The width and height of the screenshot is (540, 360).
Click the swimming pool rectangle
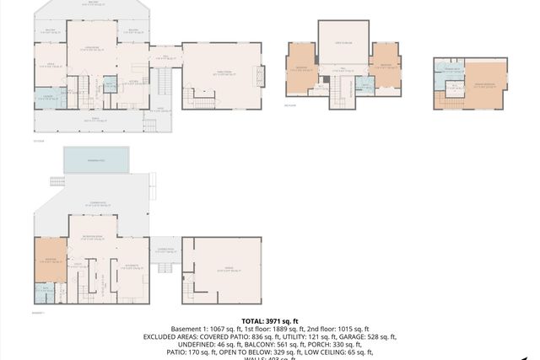[96, 158]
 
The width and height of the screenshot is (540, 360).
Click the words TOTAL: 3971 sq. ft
[270, 321]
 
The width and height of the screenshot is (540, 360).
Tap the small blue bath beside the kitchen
[110, 84]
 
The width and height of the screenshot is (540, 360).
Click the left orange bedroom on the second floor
[301, 73]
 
